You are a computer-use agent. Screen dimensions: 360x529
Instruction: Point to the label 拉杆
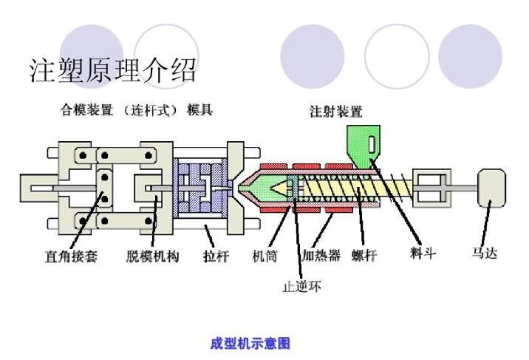pos(216,257)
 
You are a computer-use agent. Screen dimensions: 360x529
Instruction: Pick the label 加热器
pos(321,257)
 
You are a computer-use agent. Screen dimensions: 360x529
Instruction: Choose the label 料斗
pos(423,254)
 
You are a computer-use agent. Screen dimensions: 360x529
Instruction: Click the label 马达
pos(485,254)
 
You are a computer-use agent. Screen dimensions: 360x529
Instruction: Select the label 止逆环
pos(302,285)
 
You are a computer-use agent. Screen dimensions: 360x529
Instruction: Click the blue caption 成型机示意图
pos(250,344)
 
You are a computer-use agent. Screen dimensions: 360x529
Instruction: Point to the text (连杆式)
pos(151,110)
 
